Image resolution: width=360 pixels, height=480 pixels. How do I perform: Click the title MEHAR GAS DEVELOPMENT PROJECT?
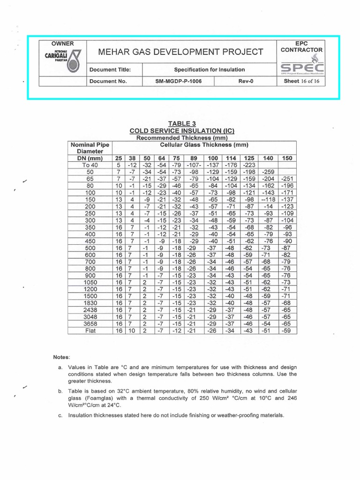(179, 52)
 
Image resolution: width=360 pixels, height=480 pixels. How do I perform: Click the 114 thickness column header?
(231, 158)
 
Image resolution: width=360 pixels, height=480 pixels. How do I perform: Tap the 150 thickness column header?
(286, 158)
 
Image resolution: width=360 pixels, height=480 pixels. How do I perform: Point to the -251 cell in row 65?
(286, 179)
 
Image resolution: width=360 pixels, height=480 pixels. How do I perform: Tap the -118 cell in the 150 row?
(268, 200)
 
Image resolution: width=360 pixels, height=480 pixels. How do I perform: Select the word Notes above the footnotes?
(61, 357)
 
